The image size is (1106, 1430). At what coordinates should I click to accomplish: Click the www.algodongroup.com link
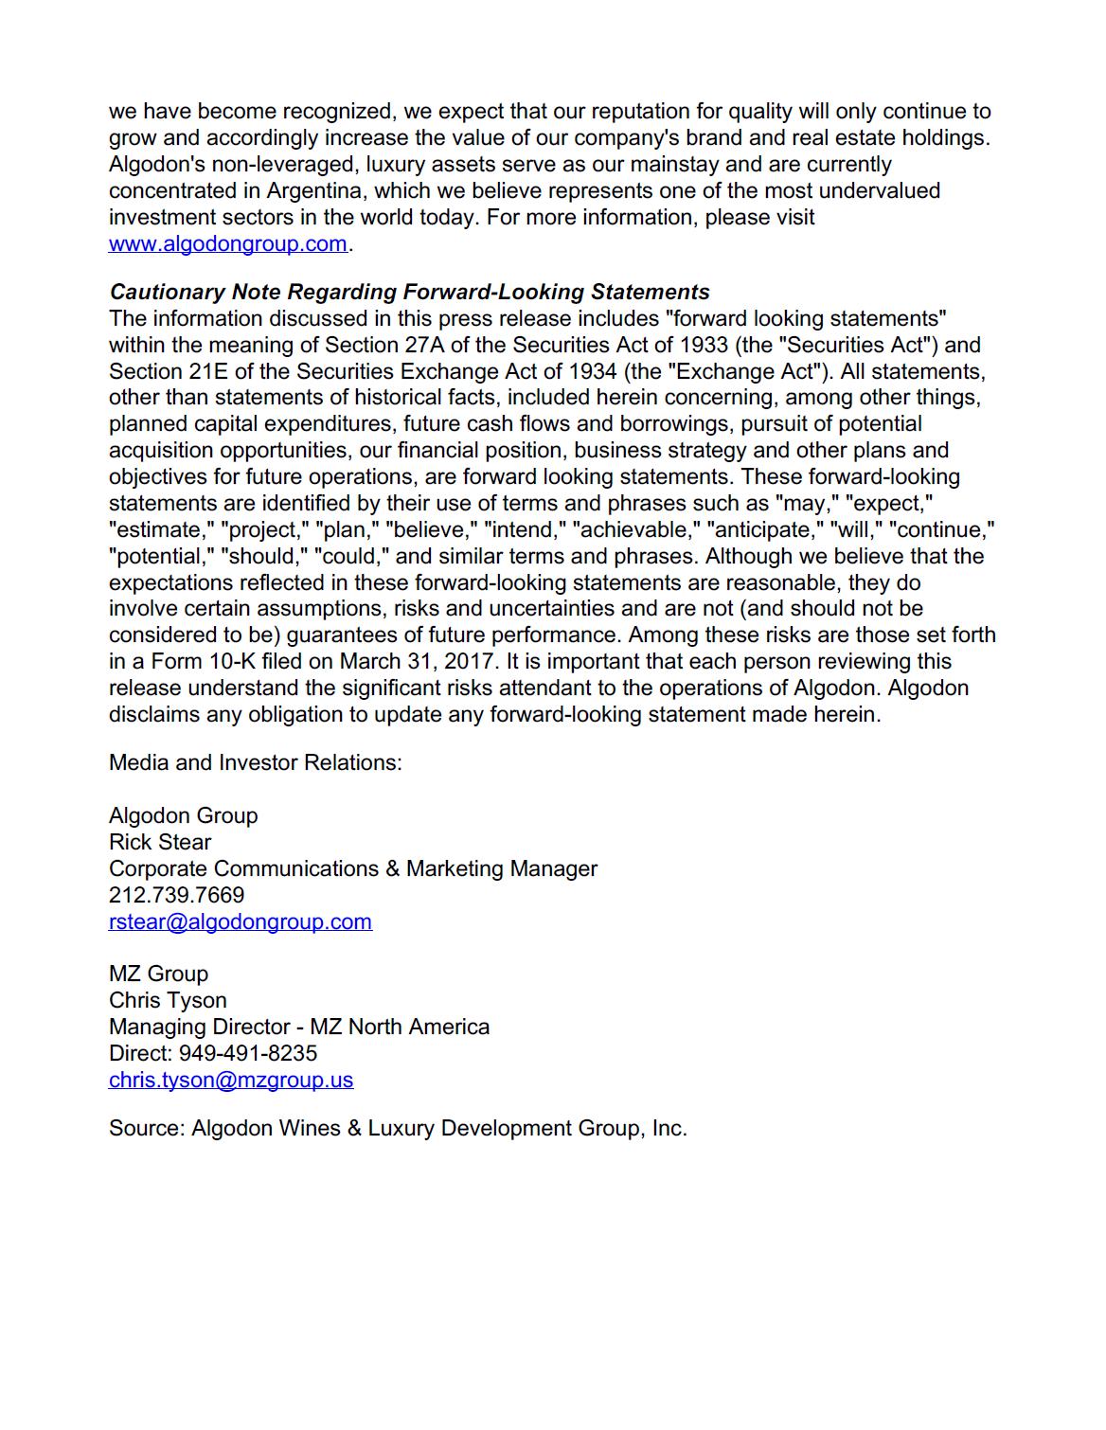click(x=227, y=244)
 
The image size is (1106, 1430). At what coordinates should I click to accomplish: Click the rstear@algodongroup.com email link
click(x=240, y=921)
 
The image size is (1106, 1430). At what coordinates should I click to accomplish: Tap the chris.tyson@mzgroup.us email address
click(x=231, y=1080)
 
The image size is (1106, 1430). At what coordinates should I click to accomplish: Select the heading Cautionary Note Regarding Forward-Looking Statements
click(x=409, y=292)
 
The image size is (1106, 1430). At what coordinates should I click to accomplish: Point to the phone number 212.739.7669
click(x=176, y=895)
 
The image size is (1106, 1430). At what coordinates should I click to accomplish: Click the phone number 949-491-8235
click(x=248, y=1053)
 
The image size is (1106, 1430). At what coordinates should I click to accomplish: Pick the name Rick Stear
click(x=160, y=842)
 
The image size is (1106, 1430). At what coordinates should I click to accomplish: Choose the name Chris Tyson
click(x=168, y=1000)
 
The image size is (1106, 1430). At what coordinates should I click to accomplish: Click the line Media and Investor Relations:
click(x=255, y=762)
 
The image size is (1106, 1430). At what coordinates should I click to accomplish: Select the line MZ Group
click(x=158, y=974)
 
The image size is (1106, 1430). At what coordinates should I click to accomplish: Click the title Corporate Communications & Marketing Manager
click(x=352, y=868)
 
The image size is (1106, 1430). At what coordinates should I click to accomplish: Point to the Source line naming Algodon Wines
click(x=398, y=1129)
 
